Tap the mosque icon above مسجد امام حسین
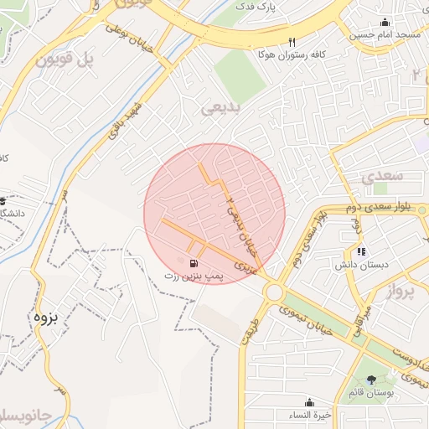point(385,22)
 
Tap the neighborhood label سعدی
point(385,176)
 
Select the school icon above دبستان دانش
point(361,251)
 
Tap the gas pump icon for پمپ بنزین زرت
point(183,261)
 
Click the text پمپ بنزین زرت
point(194,275)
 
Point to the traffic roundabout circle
point(273,292)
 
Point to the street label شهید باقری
point(127,121)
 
